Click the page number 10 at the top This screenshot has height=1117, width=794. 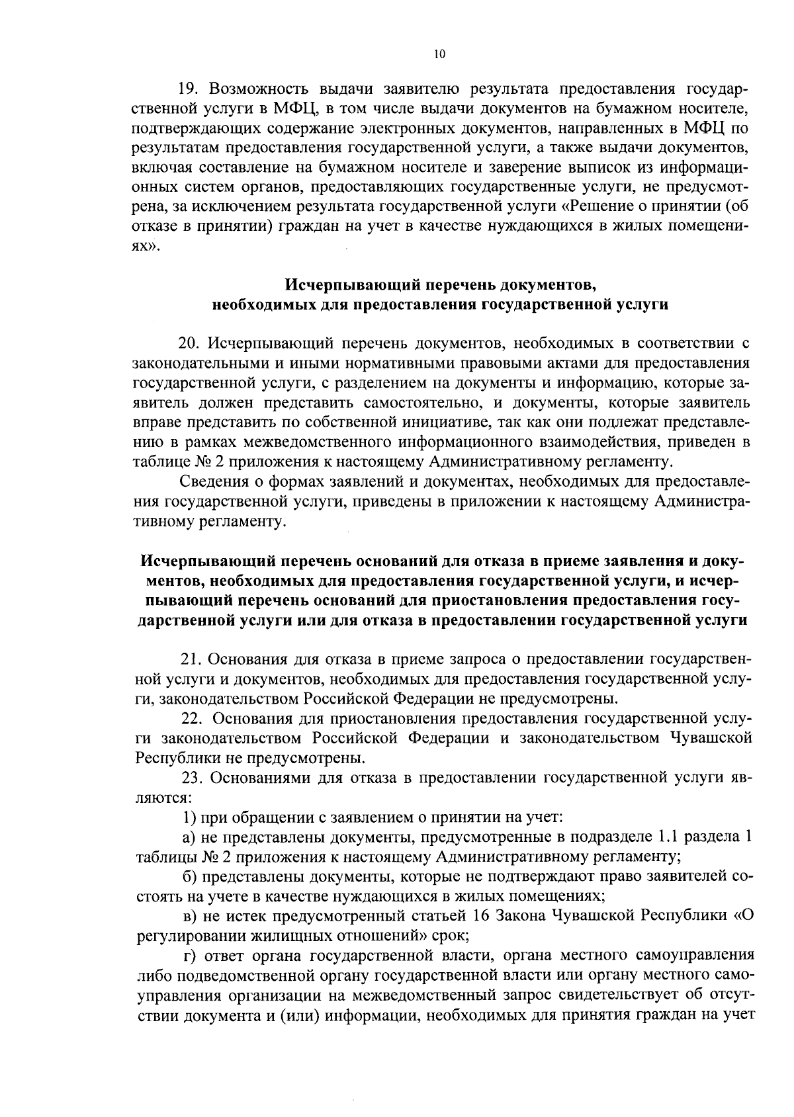pos(440,55)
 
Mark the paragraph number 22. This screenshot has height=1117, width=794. pos(193,719)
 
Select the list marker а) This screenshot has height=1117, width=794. pos(189,837)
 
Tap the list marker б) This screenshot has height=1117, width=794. pos(189,878)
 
